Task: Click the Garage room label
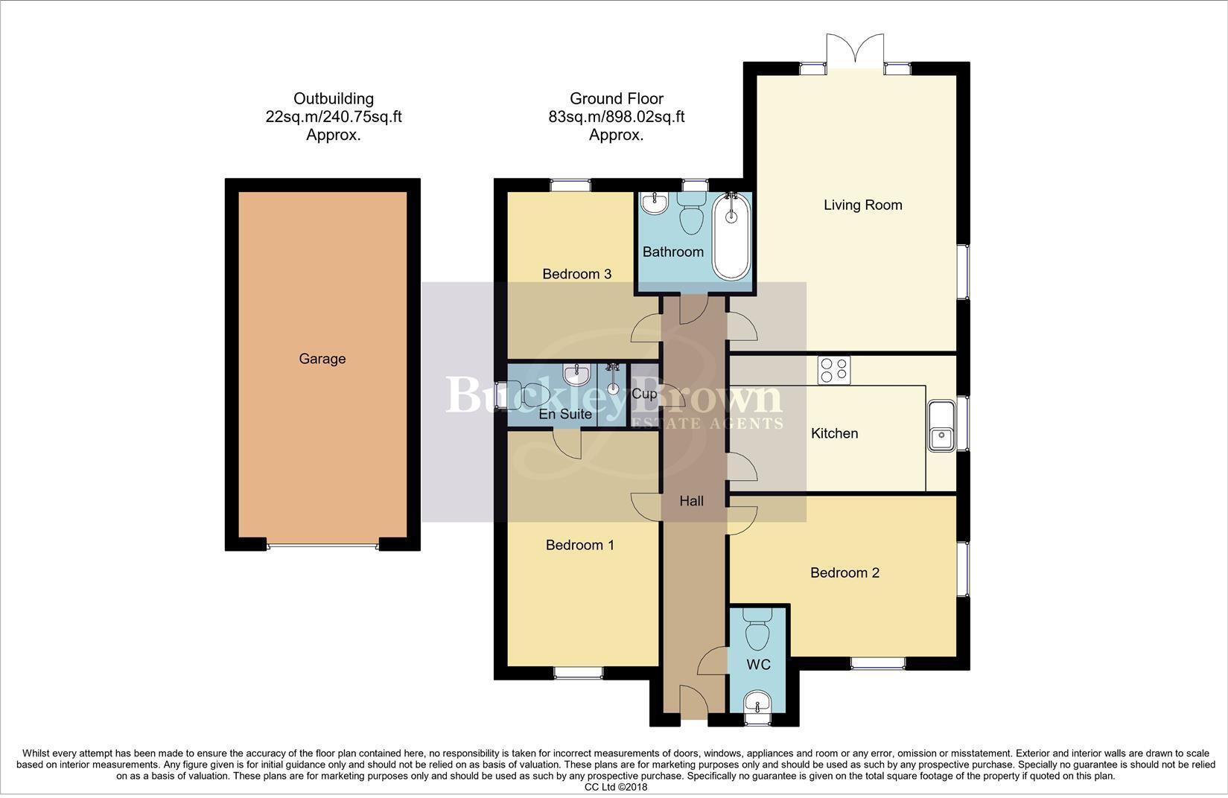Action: (x=322, y=359)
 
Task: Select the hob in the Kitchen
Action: (x=833, y=370)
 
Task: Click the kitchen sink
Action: (x=941, y=426)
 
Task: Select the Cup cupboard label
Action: (x=644, y=394)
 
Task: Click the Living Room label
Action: (x=862, y=205)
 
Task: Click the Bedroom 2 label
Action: (x=844, y=572)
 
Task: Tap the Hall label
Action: (x=691, y=501)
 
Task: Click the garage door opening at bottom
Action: (x=322, y=546)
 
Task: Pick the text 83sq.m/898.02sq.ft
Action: (x=616, y=117)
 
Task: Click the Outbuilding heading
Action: (x=333, y=98)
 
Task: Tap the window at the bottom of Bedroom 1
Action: (x=578, y=672)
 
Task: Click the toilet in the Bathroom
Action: (x=693, y=212)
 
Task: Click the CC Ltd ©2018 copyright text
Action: (x=616, y=787)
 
